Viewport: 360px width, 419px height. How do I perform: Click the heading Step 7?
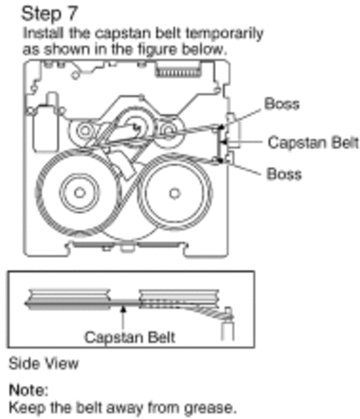(49, 14)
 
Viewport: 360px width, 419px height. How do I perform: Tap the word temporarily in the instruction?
(224, 33)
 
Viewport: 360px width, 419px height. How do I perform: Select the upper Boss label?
(282, 103)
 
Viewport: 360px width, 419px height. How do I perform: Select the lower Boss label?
(284, 174)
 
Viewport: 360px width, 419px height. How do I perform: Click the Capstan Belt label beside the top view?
(313, 142)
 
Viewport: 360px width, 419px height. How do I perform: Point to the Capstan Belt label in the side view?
(130, 337)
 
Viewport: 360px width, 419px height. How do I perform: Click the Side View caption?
(44, 363)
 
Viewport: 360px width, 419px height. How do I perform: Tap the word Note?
(29, 390)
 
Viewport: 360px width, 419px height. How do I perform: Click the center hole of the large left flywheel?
(80, 192)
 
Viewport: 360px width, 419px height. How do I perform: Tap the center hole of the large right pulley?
(175, 193)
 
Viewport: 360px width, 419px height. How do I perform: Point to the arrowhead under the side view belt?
(123, 308)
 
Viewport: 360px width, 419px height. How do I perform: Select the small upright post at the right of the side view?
(228, 325)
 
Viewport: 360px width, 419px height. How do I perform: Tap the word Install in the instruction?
(43, 33)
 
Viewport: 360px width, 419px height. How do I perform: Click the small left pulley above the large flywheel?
(85, 131)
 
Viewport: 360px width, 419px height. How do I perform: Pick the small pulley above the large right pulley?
(168, 131)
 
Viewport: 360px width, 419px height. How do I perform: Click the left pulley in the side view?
(68, 299)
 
